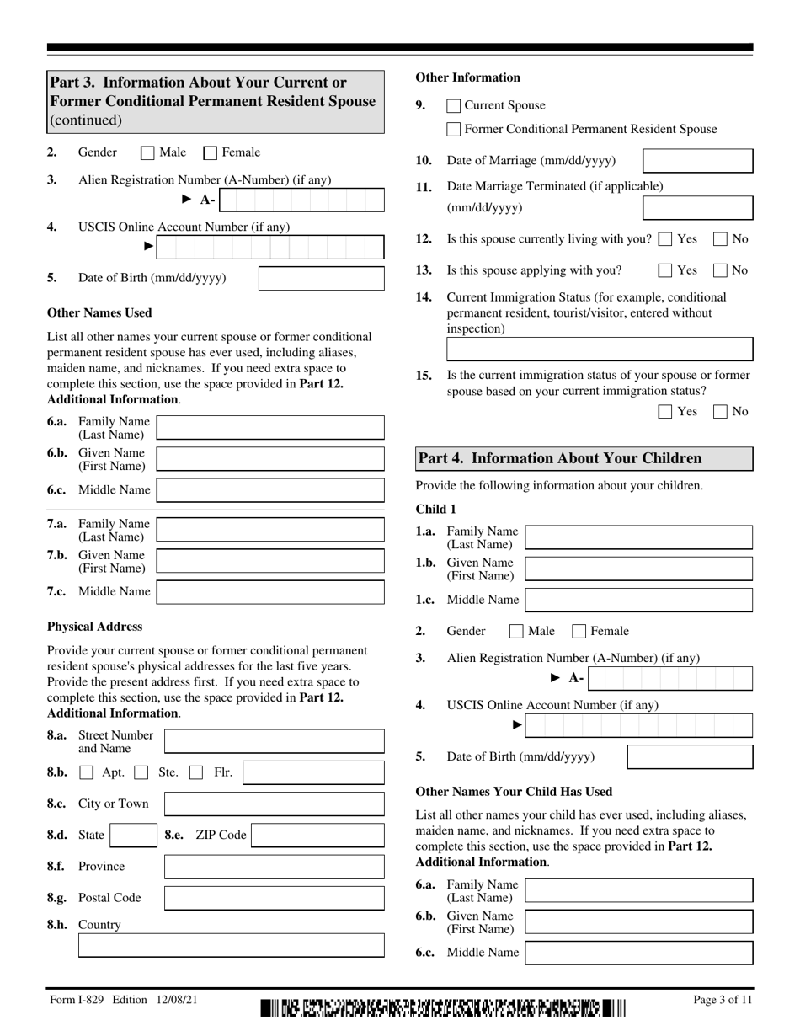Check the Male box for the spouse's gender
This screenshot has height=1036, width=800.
(147, 153)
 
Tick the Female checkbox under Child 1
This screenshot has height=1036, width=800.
(579, 631)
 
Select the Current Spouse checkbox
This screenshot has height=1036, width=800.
(453, 106)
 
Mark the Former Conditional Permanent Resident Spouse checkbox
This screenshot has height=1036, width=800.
(453, 130)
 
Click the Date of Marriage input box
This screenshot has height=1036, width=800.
(697, 161)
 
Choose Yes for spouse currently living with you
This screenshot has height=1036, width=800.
(665, 239)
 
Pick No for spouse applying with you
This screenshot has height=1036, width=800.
(721, 271)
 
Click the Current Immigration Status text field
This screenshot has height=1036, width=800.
(599, 350)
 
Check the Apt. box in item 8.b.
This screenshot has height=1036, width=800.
(87, 772)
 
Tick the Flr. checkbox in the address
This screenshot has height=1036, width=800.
(196, 772)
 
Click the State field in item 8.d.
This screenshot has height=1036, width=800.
(131, 836)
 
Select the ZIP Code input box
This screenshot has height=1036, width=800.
(317, 836)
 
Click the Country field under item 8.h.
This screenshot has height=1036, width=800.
(231, 946)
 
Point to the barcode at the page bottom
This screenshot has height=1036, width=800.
(443, 1007)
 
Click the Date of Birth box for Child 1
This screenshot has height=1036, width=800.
(690, 756)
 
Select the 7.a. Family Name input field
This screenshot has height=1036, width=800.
(270, 530)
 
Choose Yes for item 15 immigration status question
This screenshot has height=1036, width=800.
(665, 412)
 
